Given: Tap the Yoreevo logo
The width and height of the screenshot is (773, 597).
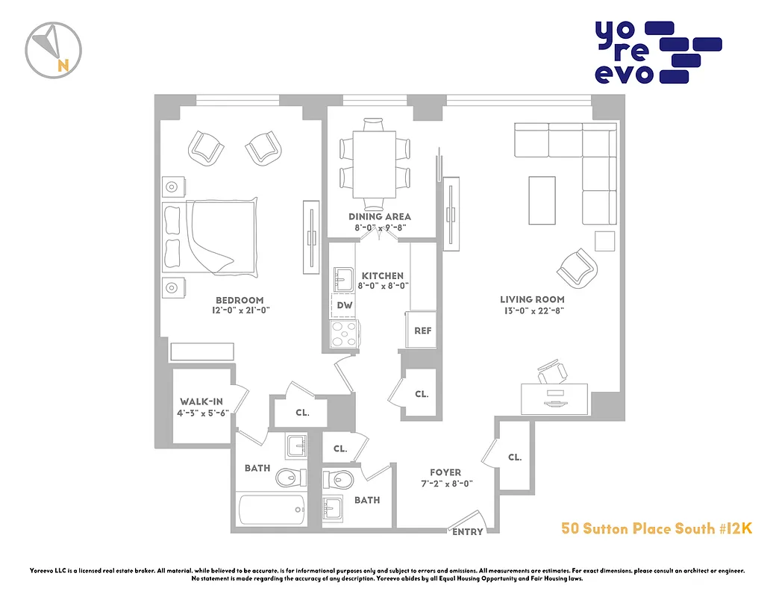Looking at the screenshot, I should pyautogui.click(x=657, y=51).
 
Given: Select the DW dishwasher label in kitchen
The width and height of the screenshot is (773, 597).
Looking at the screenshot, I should pyautogui.click(x=344, y=305).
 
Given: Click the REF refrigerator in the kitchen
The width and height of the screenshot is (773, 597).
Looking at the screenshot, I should pyautogui.click(x=422, y=331).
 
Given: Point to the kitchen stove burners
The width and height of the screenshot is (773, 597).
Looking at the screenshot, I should pyautogui.click(x=344, y=332).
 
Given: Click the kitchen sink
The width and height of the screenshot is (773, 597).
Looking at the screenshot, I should pyautogui.click(x=344, y=280).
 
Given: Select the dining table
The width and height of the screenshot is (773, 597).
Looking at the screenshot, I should pyautogui.click(x=375, y=163).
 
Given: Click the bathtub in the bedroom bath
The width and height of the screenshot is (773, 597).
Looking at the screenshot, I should pyautogui.click(x=272, y=513).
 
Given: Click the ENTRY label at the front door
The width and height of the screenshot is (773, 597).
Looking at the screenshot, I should pyautogui.click(x=468, y=532).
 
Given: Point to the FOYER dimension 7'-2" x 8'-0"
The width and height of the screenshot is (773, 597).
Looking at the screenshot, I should pyautogui.click(x=446, y=484).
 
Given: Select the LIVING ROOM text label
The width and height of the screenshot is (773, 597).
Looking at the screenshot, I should pyautogui.click(x=532, y=300).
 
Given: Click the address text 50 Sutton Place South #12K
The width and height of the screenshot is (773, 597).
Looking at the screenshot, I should pyautogui.click(x=656, y=528).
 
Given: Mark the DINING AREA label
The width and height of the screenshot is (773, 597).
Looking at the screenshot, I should pyautogui.click(x=380, y=216).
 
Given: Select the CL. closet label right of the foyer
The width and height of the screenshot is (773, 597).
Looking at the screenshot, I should pyautogui.click(x=515, y=457).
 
